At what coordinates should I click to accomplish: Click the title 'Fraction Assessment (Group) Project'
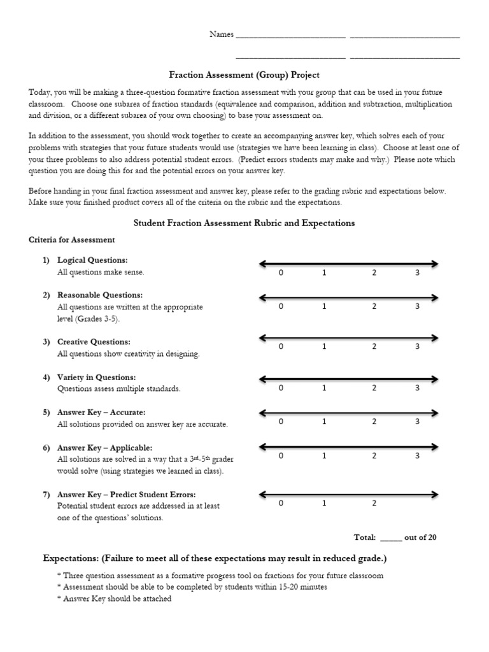[244, 75]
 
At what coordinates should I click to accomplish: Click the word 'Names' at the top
[222, 34]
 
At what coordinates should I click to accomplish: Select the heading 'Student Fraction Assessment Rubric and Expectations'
[244, 223]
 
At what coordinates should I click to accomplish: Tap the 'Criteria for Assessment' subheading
[72, 240]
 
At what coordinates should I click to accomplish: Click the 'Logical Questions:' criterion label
[92, 260]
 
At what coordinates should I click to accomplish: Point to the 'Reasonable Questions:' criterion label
[100, 295]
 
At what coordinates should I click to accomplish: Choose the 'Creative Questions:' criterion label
[94, 342]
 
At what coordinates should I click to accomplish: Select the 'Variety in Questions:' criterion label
[96, 377]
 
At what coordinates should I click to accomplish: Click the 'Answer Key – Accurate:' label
[101, 412]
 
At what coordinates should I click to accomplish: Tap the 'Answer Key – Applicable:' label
[104, 448]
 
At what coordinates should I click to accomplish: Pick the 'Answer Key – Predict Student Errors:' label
[126, 495]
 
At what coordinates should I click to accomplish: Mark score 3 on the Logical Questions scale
[418, 273]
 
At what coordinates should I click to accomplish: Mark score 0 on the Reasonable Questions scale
[281, 306]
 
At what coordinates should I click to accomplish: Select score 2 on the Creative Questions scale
[374, 346]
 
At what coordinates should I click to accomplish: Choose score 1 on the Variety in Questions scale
[324, 387]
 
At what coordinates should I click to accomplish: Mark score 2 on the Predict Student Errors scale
[374, 503]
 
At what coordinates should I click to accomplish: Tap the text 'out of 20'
[420, 537]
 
